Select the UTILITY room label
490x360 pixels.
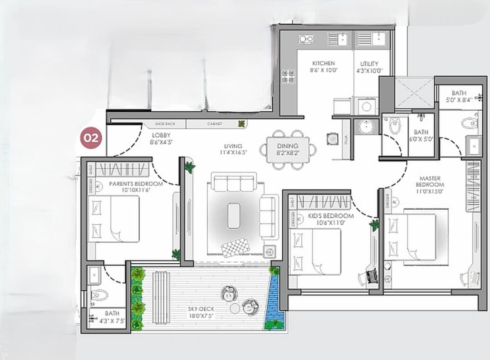369,64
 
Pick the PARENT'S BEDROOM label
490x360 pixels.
136,184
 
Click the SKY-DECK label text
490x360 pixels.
201,309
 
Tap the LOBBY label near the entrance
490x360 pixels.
161,135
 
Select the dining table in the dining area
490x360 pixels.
288,149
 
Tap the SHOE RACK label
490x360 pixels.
164,123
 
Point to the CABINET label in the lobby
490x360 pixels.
215,123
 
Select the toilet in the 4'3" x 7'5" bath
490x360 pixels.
99,296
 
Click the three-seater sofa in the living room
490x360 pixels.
234,183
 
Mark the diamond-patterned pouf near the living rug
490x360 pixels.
235,247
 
